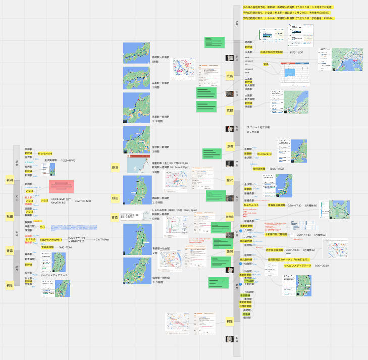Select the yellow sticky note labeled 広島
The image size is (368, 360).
point(230,77)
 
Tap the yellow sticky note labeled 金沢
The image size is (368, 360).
point(230,179)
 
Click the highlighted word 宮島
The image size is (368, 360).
point(266,65)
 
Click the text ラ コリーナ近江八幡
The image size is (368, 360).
point(259,127)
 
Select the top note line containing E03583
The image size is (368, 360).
point(287,13)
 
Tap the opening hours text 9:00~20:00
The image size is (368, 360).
point(322,266)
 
